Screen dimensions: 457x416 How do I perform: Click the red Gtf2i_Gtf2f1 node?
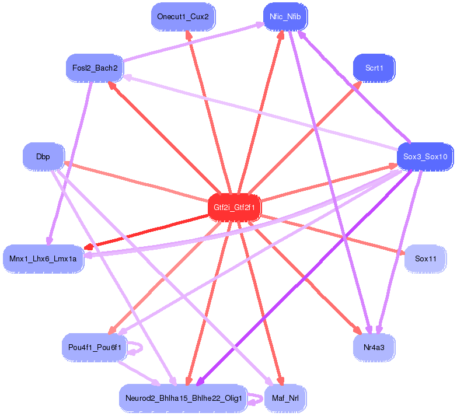(235, 207)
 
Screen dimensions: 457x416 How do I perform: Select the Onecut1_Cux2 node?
(183, 16)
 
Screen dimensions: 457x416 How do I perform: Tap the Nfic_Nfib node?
(285, 16)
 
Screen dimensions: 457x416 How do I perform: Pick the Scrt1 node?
(374, 68)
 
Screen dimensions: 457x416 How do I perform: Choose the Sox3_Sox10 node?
(425, 156)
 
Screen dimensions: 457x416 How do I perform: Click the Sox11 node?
(425, 257)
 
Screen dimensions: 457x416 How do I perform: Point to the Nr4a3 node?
(374, 347)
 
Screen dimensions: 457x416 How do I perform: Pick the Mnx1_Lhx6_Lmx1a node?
(43, 257)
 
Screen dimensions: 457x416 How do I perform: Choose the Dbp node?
(43, 156)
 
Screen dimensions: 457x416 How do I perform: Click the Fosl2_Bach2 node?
(95, 68)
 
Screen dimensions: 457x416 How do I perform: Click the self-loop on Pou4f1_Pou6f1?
(138, 347)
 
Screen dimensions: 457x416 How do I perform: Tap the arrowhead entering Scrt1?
(358, 85)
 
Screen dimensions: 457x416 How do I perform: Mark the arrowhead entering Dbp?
(68, 163)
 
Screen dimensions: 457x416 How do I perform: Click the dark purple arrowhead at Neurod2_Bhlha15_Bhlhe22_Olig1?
(200, 382)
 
